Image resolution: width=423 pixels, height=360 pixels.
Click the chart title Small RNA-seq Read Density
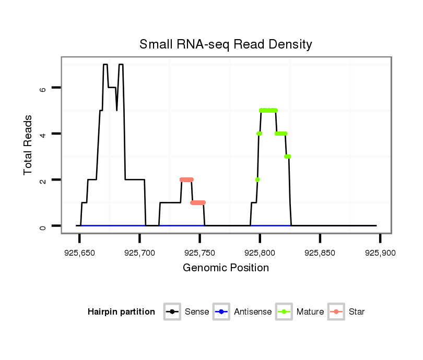(x=226, y=44)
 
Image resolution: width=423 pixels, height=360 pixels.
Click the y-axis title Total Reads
(x=28, y=145)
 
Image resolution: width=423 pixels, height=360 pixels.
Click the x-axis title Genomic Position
(x=226, y=268)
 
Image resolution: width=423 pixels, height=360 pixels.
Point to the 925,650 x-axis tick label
(x=79, y=253)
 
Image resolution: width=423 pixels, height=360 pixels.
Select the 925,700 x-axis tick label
(x=139, y=253)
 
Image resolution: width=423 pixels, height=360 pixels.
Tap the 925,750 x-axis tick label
(x=200, y=253)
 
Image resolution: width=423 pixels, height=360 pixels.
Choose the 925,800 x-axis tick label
(x=260, y=253)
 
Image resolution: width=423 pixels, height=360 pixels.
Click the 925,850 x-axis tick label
(x=320, y=253)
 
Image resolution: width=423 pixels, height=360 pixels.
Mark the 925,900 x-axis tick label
(x=380, y=253)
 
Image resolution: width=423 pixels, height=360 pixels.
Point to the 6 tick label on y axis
(x=43, y=88)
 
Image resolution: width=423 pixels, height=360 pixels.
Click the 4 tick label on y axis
(x=43, y=134)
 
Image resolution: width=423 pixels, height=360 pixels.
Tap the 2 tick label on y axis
(x=43, y=180)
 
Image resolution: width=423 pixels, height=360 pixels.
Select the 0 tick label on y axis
(x=43, y=226)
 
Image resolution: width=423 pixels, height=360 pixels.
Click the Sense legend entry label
(x=197, y=312)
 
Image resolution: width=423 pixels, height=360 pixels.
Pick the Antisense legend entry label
(x=253, y=312)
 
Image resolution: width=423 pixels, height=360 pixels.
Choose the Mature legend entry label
(x=310, y=312)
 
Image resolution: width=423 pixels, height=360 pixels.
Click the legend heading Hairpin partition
(x=121, y=312)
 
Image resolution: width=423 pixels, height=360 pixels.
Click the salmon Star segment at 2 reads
(x=186, y=179)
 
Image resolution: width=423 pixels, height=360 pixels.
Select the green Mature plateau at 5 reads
(x=268, y=110)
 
